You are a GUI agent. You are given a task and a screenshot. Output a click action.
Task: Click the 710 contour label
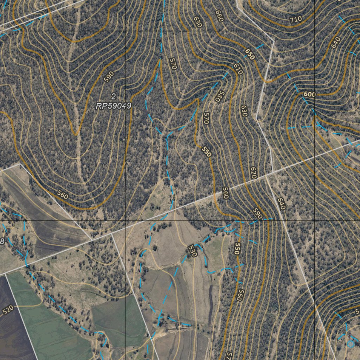click(296, 20)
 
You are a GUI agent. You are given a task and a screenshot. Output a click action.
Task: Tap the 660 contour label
click(219, 16)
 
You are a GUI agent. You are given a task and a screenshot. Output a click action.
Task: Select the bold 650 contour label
click(249, 54)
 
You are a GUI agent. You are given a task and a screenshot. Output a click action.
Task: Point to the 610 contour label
click(238, 69)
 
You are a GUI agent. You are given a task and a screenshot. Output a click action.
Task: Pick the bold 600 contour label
click(309, 95)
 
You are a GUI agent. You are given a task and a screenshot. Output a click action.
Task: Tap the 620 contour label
click(253, 172)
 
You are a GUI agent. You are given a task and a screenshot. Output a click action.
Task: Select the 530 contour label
click(192, 251)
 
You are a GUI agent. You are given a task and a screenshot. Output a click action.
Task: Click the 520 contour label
click(8, 310)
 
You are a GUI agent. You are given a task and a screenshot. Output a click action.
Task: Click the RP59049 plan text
click(114, 106)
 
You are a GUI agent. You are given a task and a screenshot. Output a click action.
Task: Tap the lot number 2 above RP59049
click(113, 96)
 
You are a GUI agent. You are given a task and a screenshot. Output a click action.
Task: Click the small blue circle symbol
click(351, 344)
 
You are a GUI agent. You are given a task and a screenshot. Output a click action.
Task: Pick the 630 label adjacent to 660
click(198, 22)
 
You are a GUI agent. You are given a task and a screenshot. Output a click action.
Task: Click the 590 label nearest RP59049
click(109, 77)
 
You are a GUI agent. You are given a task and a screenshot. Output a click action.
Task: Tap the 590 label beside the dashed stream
click(257, 214)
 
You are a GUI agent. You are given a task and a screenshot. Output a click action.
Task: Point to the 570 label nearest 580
click(206, 118)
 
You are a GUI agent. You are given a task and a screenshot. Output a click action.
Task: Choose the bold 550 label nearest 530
click(237, 249)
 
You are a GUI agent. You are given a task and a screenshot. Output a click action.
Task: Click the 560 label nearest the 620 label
click(225, 193)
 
